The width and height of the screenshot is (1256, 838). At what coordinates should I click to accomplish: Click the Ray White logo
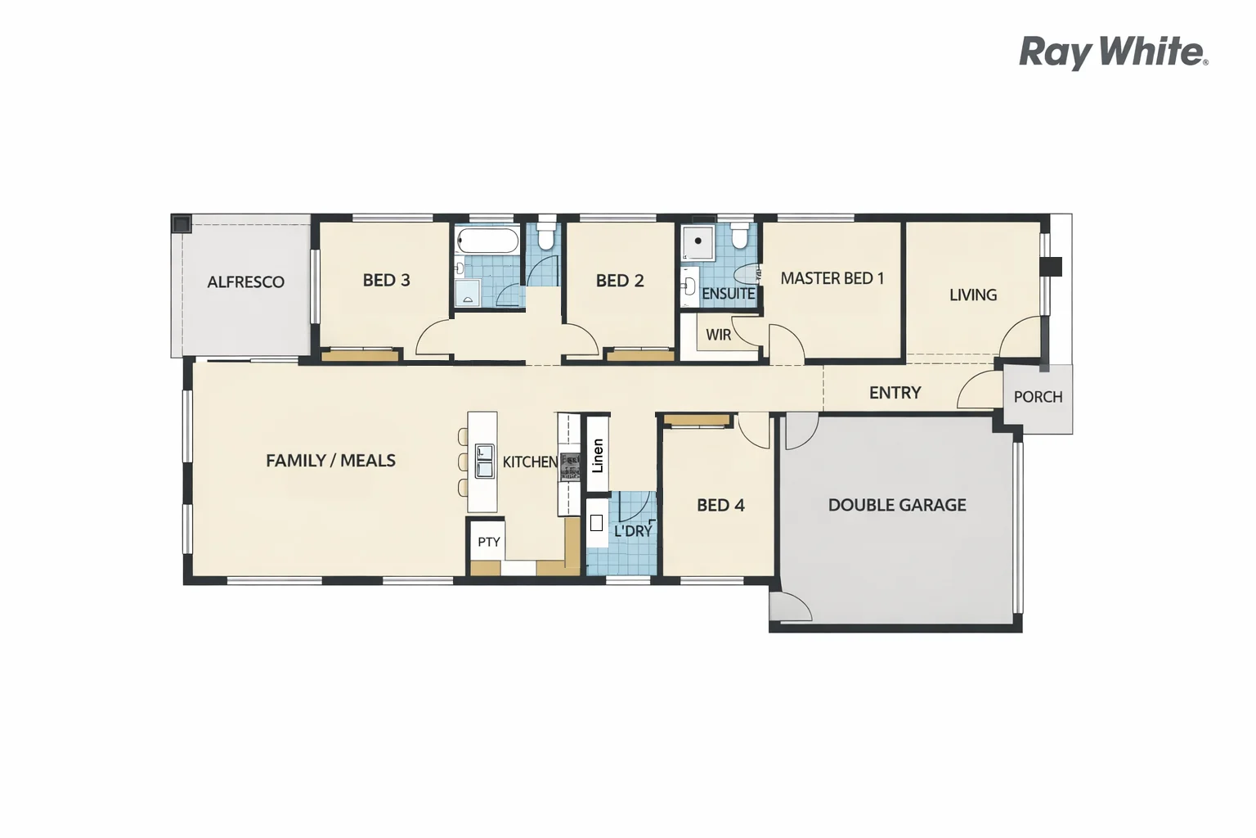(1113, 52)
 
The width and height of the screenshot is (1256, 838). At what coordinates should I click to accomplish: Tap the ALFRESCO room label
(245, 282)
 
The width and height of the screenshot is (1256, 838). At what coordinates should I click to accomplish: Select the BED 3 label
(386, 280)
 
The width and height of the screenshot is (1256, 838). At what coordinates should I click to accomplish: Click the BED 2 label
(619, 281)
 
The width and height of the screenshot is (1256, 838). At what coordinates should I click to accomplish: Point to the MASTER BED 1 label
(832, 278)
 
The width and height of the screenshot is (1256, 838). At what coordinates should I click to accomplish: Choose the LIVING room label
(972, 295)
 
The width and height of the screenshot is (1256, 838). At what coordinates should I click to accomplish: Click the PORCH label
(1038, 397)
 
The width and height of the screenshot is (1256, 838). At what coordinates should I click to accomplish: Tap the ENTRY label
(895, 393)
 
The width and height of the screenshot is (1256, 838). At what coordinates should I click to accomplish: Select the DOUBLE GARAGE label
(896, 505)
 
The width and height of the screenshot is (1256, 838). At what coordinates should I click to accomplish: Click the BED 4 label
(720, 505)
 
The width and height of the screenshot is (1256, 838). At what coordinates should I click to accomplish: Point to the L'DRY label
(633, 531)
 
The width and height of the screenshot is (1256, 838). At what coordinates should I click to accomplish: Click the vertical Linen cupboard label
(598, 456)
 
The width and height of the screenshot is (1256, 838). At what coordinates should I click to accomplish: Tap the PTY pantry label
(488, 542)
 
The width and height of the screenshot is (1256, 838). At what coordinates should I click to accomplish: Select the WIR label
(718, 335)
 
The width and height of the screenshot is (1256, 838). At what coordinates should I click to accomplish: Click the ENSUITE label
(728, 294)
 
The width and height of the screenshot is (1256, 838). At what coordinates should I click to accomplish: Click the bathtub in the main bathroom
(487, 241)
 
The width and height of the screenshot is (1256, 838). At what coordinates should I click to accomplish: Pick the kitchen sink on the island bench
(484, 461)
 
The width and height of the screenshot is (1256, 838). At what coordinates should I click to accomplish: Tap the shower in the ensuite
(698, 241)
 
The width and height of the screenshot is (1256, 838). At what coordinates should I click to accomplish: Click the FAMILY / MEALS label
(330, 461)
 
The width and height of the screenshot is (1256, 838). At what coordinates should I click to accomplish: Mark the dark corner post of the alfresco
(182, 223)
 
